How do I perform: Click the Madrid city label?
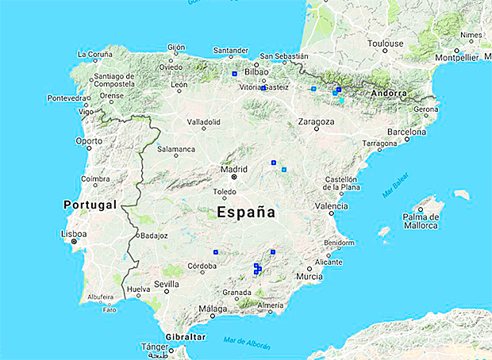(x=233, y=169)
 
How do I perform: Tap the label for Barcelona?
(x=407, y=132)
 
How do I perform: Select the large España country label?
(x=246, y=213)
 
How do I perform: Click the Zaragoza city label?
(x=315, y=121)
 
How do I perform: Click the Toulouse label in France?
(x=386, y=44)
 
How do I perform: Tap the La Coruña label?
(x=94, y=54)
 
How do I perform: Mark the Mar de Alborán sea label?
(x=246, y=343)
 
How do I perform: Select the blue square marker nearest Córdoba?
(x=216, y=252)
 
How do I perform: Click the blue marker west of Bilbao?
(x=235, y=74)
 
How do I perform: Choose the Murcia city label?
(x=309, y=276)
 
